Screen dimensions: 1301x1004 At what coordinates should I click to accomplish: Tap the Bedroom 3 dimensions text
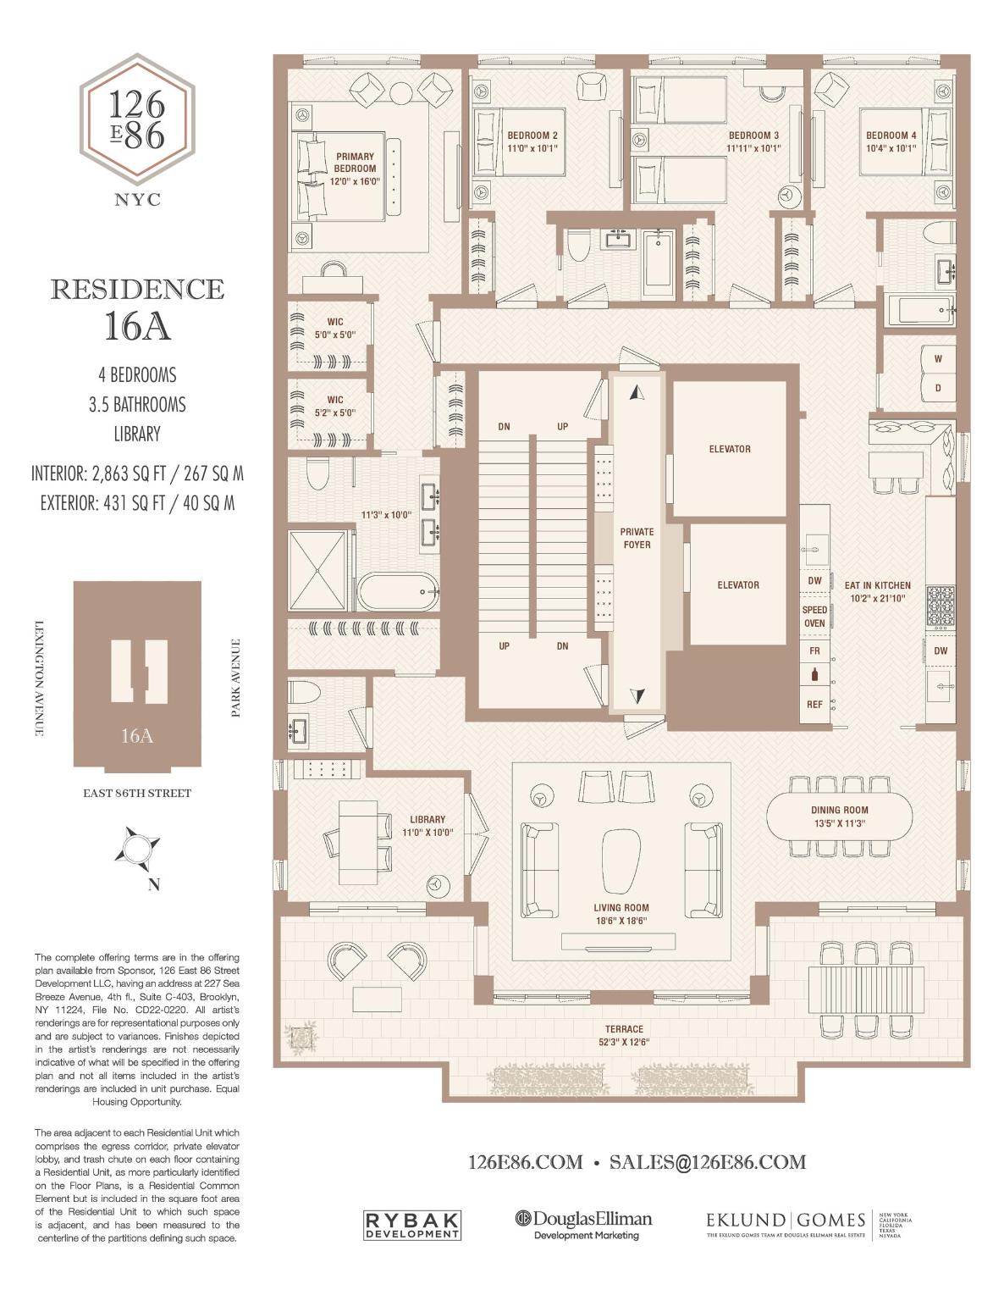coord(753,148)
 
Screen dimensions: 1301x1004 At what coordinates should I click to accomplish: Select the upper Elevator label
coord(729,449)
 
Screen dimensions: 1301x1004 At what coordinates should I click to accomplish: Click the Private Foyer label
coord(637,539)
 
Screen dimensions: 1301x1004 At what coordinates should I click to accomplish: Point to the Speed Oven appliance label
coord(814,617)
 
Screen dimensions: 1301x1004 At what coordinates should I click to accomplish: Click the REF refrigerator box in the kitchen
coord(814,704)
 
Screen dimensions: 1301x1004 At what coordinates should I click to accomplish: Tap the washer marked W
coord(937,359)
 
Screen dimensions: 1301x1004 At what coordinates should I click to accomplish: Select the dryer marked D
coord(937,389)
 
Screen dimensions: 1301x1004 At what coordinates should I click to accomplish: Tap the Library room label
coord(428,819)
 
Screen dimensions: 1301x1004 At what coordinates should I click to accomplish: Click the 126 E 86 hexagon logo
coord(137,119)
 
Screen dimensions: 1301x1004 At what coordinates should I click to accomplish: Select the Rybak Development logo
coord(412,1225)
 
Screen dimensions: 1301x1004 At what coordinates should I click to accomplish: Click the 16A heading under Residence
coord(137,327)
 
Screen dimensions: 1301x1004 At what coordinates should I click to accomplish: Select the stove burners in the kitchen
coord(941,606)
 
